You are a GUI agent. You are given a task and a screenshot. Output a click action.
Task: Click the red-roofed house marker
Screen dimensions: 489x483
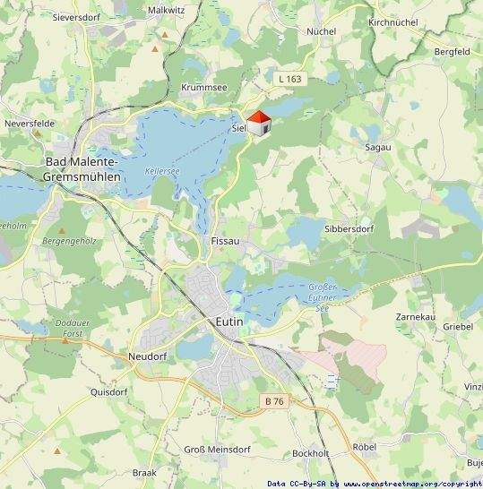pos(259,124)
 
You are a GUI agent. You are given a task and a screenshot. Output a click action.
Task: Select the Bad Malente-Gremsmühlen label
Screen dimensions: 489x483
pos(82,169)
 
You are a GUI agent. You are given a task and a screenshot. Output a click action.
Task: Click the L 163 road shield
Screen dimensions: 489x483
pos(290,80)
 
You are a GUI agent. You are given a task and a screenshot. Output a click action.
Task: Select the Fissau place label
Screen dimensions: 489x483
pos(225,242)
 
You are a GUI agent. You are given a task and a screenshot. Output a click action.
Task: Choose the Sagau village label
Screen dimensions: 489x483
pos(377,147)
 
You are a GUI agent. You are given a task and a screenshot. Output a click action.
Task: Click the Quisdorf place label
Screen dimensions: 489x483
pos(109,391)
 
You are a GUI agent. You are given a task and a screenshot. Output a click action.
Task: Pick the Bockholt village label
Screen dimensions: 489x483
pos(311,453)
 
